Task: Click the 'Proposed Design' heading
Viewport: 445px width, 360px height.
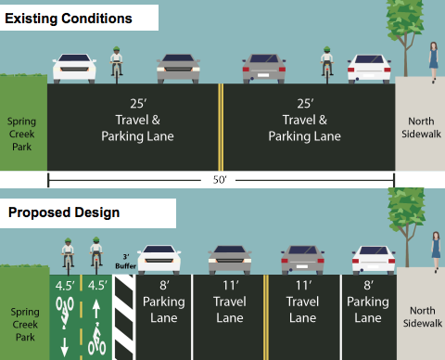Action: (64, 212)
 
